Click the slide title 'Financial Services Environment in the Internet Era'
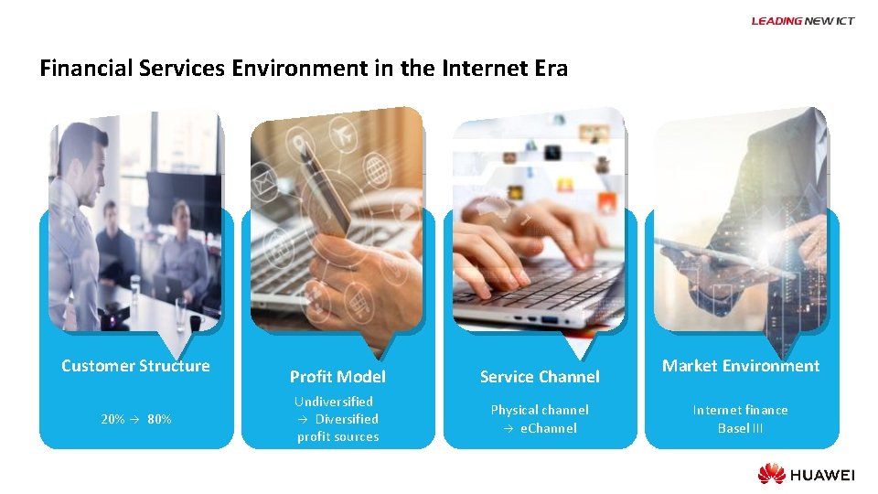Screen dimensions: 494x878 [x=304, y=69]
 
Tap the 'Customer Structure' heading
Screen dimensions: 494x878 [x=135, y=366]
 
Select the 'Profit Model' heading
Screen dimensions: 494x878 [x=337, y=377]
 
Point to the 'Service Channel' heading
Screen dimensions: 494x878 [x=540, y=377]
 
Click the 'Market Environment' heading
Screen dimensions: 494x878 [x=741, y=366]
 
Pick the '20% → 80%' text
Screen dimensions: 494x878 [x=135, y=419]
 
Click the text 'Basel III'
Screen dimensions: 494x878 [x=740, y=428]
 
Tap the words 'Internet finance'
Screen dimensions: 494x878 [x=740, y=410]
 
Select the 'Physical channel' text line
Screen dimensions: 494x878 [x=540, y=410]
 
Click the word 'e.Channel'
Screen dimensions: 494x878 [x=549, y=428]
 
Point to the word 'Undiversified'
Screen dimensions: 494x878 [x=334, y=402]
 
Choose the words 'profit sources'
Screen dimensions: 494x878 [x=337, y=436]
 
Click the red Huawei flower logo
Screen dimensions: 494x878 [x=771, y=474]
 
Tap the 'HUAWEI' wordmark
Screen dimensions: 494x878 [x=823, y=475]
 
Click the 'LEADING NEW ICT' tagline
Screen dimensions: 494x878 [x=802, y=21]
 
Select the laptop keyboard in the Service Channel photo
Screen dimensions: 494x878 [x=540, y=284]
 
